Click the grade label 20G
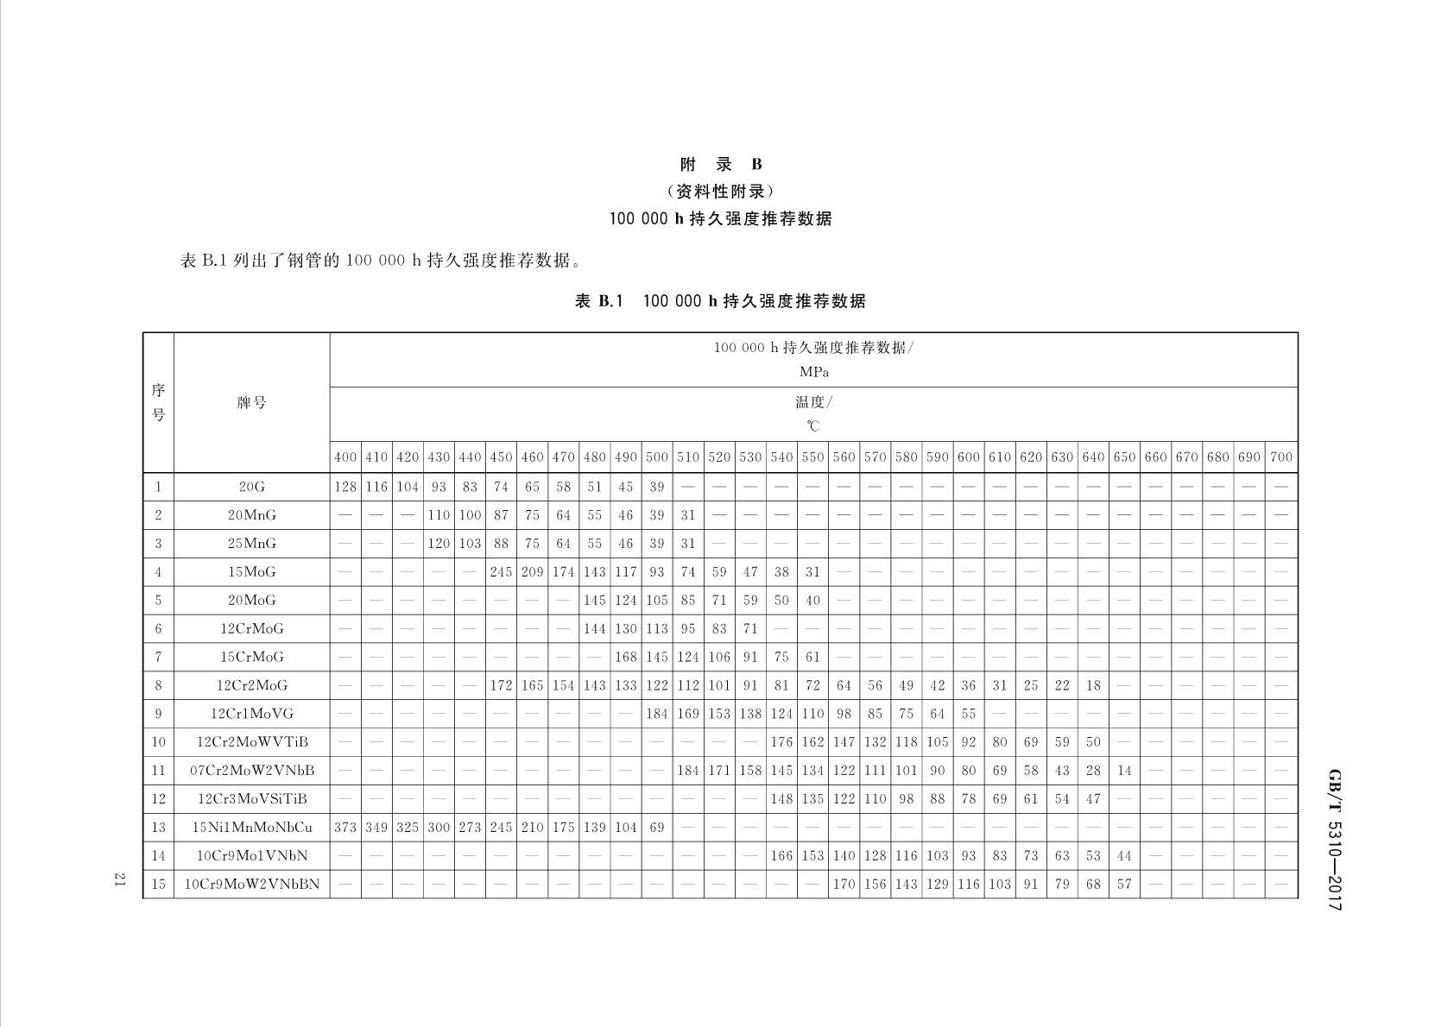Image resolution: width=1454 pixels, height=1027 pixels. point(251,487)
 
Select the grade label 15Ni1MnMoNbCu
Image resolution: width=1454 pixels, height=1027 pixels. point(251,827)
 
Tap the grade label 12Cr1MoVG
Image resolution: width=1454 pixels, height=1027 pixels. point(251,714)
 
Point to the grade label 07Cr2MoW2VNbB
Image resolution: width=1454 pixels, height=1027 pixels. point(251,770)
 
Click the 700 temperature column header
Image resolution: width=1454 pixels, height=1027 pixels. point(1281,457)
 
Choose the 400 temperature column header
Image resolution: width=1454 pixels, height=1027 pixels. point(345,457)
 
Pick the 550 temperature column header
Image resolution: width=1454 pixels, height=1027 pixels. point(812,457)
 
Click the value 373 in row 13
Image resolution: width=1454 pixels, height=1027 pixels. point(345,827)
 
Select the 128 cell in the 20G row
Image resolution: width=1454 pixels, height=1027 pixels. point(345,487)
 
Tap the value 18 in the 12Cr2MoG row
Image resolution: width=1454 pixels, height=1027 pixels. point(1093,685)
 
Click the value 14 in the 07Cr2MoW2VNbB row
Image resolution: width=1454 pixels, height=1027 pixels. point(1124,770)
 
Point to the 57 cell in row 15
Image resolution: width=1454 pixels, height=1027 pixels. point(1124,884)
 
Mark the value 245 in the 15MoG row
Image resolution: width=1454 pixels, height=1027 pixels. point(501,571)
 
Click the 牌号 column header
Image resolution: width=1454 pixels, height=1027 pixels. point(251,402)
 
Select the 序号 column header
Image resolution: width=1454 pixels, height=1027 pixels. point(158,402)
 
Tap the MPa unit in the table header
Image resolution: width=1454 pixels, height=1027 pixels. point(813,372)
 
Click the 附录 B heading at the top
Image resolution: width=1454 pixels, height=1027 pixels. point(720,165)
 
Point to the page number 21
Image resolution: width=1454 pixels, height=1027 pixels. point(120,879)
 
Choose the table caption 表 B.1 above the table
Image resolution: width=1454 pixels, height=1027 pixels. point(719,301)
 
